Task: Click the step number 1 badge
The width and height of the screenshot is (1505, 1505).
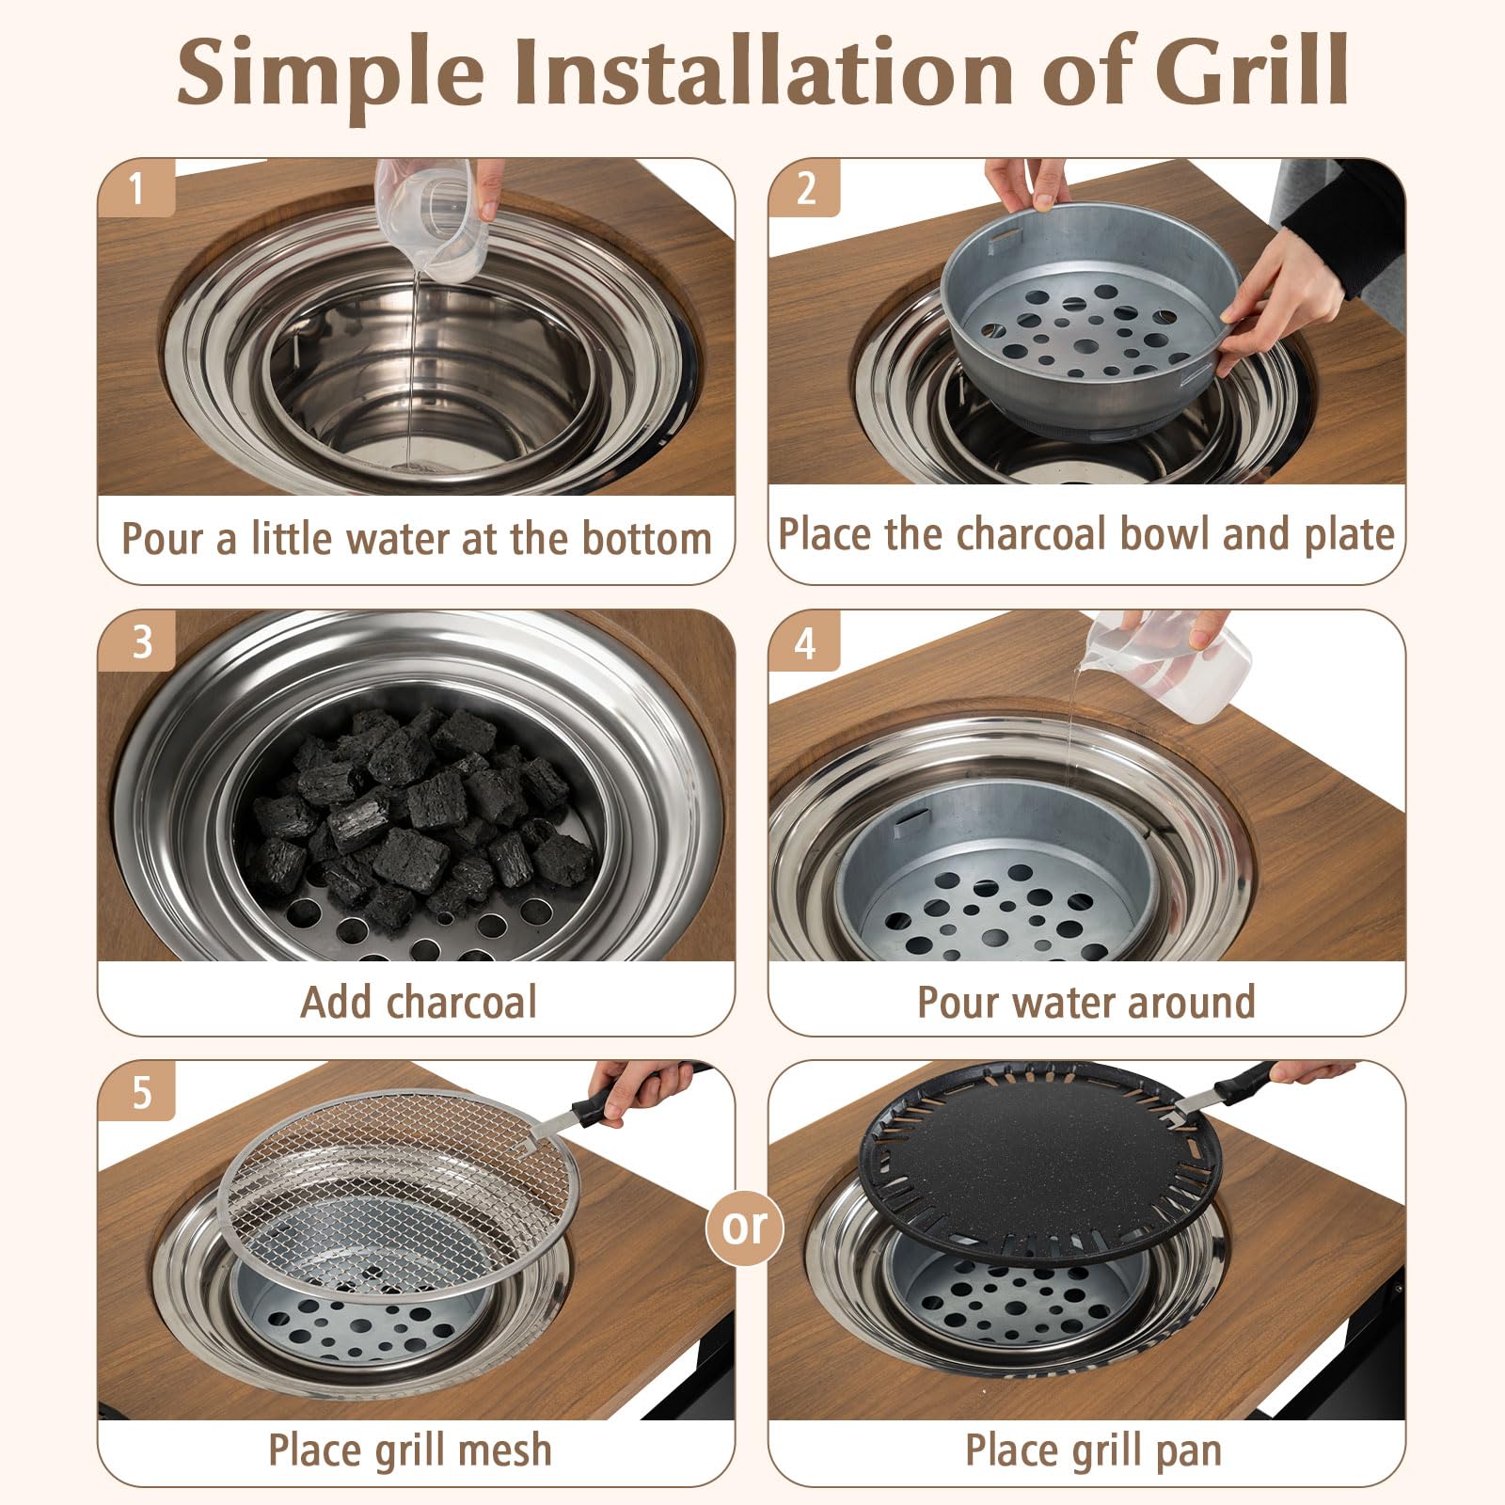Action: [137, 188]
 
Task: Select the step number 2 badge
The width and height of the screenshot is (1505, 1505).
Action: [805, 188]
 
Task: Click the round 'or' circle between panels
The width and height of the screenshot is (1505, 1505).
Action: [745, 1227]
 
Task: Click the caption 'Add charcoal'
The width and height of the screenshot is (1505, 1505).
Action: [419, 1002]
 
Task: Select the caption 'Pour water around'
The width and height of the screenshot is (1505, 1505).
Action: [1086, 1002]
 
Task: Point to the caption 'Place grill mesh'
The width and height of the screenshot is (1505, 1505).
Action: [410, 1450]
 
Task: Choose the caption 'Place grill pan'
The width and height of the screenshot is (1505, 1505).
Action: [1093, 1450]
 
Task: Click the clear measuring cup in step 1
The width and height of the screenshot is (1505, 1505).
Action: [432, 216]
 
